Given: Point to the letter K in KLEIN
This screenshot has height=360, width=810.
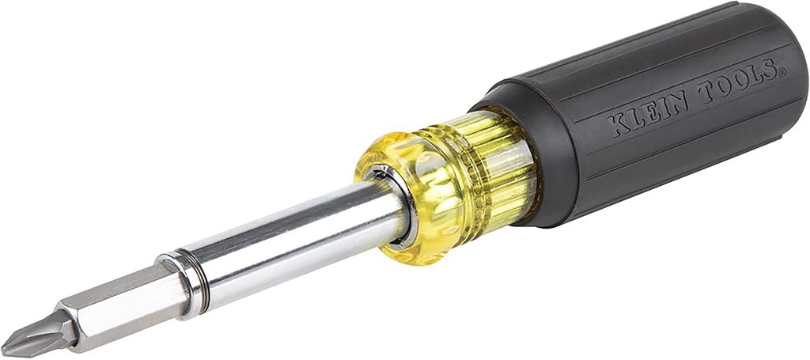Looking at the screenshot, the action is pos(619,124).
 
